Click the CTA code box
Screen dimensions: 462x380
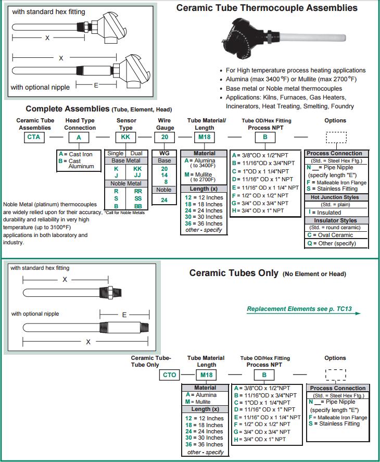[x=36, y=138]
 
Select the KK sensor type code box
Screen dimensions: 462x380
[x=125, y=138]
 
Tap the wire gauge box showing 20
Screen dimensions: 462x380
[x=164, y=138]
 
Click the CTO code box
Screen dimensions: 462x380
[x=170, y=374]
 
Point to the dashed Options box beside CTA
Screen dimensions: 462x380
[x=336, y=138]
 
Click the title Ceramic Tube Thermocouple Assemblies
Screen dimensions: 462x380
[x=267, y=8]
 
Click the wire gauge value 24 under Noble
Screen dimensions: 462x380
[x=164, y=199]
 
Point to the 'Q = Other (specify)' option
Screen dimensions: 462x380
[x=332, y=243]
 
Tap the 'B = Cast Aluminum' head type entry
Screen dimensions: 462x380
[x=77, y=164]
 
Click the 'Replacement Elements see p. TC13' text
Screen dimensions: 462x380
[x=299, y=309]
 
